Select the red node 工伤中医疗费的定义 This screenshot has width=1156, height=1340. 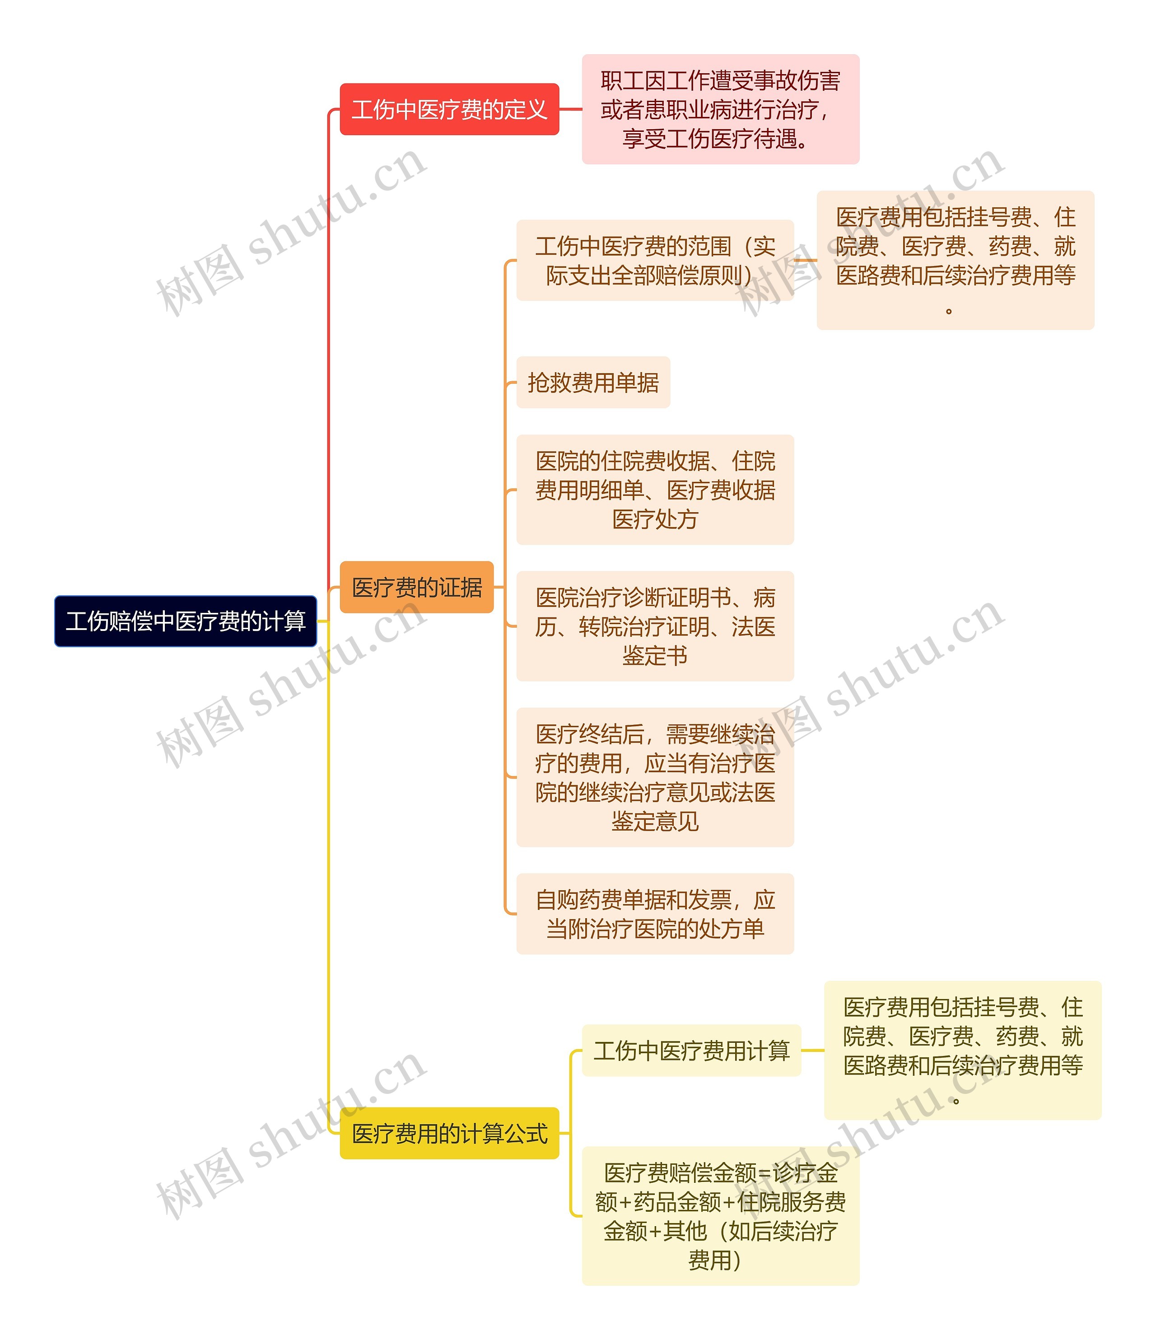coord(449,109)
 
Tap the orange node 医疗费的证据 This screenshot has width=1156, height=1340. coord(416,587)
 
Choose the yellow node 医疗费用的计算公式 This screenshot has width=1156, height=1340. coord(449,1133)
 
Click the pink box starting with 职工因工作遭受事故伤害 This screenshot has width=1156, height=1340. coord(720,109)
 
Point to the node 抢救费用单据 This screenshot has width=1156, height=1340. coord(593,382)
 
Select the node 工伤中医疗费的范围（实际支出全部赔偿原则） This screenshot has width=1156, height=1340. coord(655,260)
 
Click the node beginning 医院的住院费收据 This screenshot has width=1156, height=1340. coord(655,490)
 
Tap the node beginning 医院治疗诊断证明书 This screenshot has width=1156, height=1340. coord(655,626)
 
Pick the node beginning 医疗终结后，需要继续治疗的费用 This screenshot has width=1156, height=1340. coord(655,777)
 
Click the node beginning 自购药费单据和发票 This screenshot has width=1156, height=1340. coord(655,914)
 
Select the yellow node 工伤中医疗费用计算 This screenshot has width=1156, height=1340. coord(691,1050)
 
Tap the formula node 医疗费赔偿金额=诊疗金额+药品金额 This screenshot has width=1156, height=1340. coord(720,1216)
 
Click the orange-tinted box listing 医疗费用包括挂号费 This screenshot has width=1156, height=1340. coord(955,260)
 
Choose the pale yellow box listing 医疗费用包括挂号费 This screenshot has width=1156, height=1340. coord(962,1050)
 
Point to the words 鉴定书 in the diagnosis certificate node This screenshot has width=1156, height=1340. coord(655,656)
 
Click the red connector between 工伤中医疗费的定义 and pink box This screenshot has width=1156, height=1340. coord(570,109)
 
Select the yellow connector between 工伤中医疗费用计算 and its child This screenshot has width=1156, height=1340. coord(813,1050)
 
